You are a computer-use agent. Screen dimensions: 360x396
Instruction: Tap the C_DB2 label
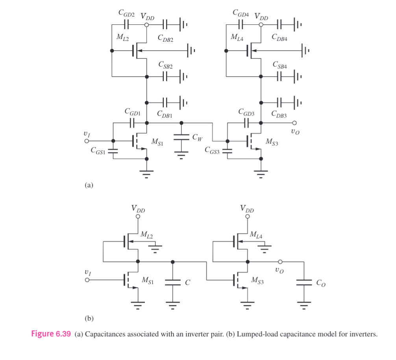(165, 38)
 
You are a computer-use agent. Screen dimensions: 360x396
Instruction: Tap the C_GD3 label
(246, 112)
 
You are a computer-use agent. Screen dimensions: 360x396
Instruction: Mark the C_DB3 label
(279, 114)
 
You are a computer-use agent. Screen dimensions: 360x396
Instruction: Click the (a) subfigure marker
(89, 185)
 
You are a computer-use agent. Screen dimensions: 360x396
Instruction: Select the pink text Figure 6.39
(51, 334)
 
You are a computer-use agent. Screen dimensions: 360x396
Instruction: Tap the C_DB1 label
(165, 114)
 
